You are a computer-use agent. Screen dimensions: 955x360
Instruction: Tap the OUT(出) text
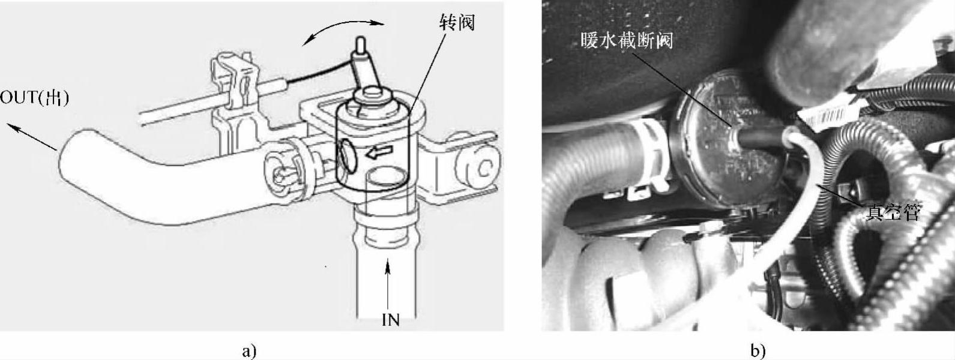click(x=34, y=98)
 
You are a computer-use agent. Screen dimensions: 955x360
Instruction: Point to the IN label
click(x=391, y=320)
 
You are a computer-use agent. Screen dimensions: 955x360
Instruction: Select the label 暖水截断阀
click(x=627, y=41)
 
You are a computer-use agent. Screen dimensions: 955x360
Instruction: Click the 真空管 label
click(x=893, y=212)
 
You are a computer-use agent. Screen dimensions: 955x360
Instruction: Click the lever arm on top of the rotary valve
click(x=364, y=68)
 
